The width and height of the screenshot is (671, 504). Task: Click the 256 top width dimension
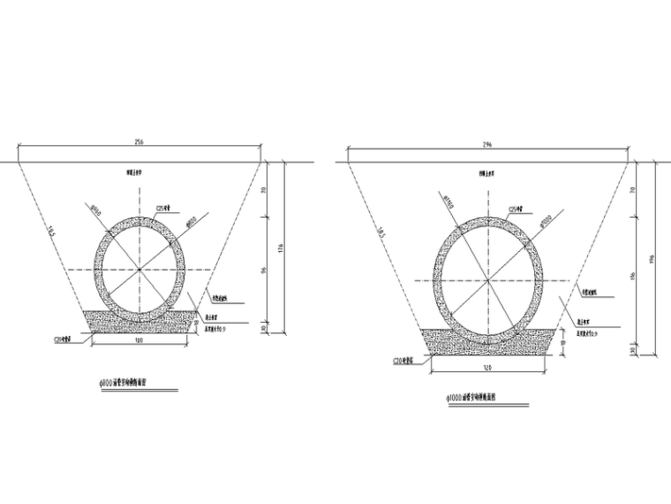pyautogui.click(x=139, y=141)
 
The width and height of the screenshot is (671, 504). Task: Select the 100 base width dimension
pyautogui.click(x=139, y=340)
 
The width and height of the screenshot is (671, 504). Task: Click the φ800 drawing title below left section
pyautogui.click(x=131, y=384)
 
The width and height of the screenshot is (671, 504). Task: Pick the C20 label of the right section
pyautogui.click(x=403, y=361)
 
